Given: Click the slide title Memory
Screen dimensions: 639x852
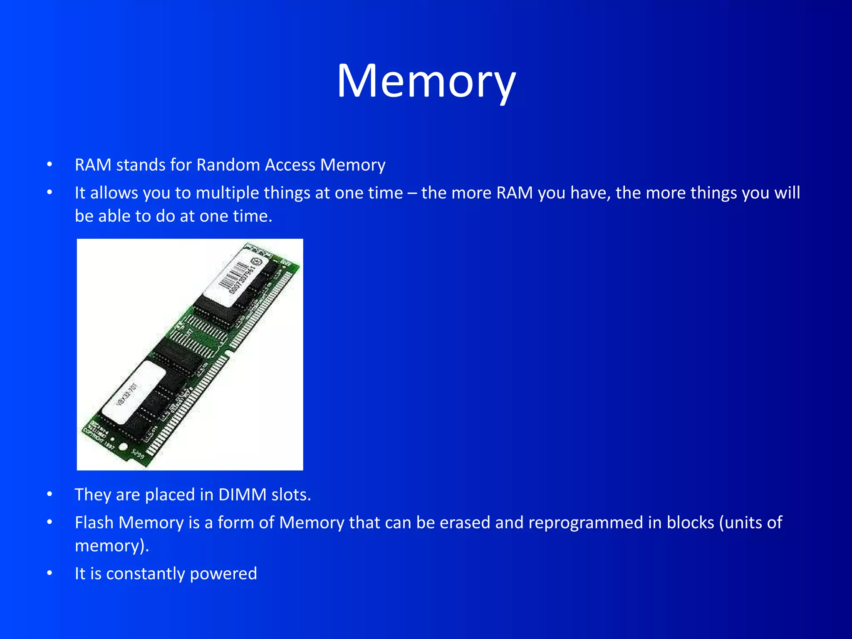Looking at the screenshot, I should point(426,81).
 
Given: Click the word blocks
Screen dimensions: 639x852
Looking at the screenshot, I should point(690,523).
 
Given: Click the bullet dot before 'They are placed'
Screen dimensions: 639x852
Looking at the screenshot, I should point(50,495).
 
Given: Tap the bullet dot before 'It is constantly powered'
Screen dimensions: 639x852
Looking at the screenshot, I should point(50,574).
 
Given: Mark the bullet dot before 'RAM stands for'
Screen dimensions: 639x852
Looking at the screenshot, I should point(50,165).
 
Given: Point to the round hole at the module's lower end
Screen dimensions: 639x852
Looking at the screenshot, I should point(123,447).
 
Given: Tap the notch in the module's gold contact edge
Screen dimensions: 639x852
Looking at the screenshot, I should point(228,352).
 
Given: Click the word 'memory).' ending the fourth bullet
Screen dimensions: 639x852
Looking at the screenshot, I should point(111,546).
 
